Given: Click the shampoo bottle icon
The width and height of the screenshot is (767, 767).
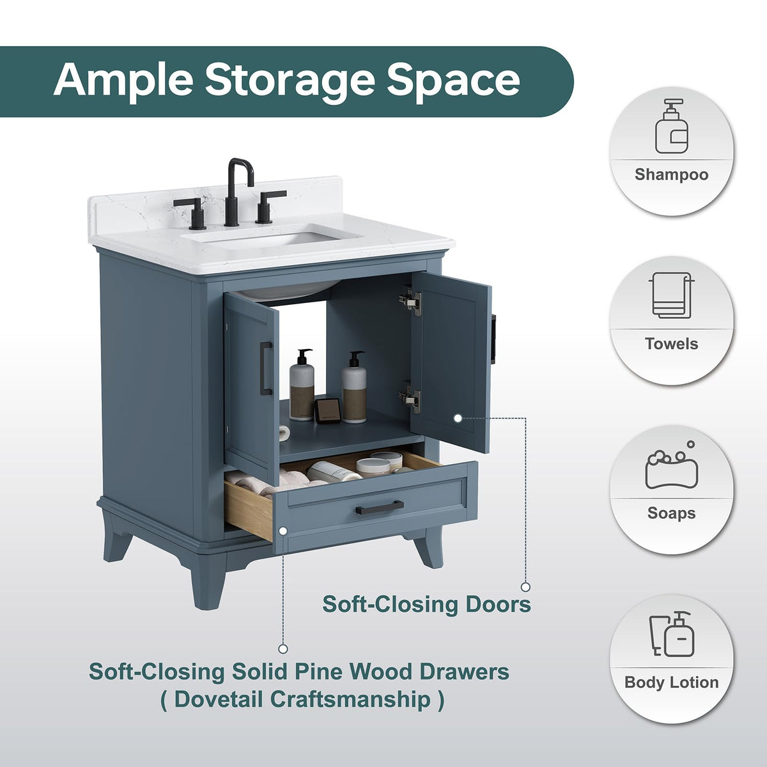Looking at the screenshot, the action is tap(672, 127).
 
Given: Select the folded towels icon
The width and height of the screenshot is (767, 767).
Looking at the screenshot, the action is tap(672, 295).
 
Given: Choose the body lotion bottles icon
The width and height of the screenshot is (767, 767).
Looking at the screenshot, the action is tap(672, 633).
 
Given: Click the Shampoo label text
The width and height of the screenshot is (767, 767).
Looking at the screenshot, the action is tap(672, 174).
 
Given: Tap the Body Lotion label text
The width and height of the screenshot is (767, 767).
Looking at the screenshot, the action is tap(672, 682).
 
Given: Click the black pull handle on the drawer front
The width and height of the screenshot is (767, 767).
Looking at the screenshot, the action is tap(380, 507).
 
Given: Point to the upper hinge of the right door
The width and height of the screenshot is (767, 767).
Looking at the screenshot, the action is tap(411, 300).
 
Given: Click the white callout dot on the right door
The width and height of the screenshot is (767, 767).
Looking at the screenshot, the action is tap(458, 418).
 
